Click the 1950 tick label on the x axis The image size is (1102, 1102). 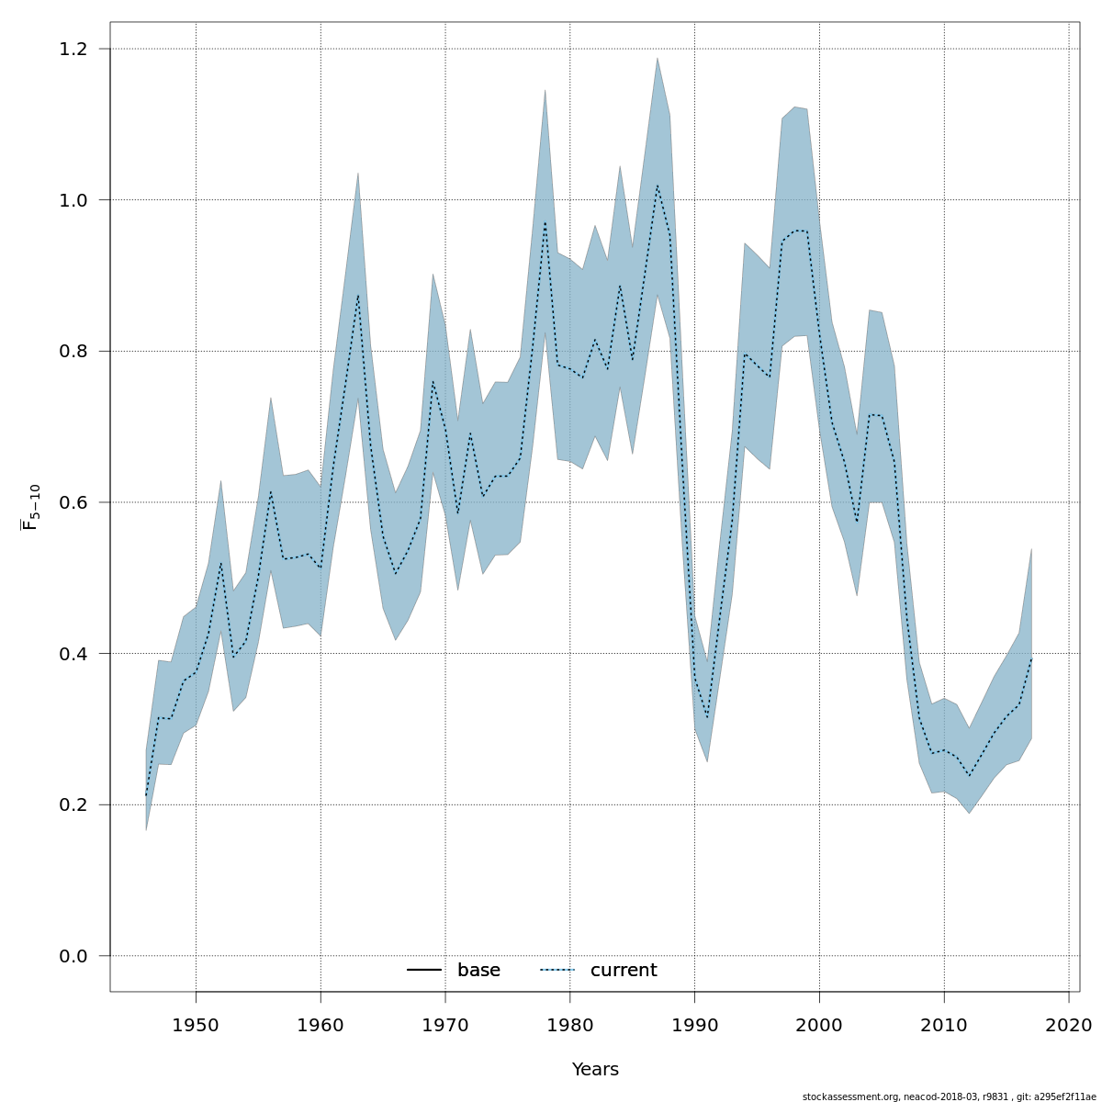[x=196, y=1025]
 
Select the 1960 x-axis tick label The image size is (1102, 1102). [x=320, y=1025]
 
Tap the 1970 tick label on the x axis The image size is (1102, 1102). [x=445, y=1025]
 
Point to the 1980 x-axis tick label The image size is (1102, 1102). [x=570, y=1025]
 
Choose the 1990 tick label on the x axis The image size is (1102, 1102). [x=694, y=1025]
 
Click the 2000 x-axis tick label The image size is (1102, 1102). [x=819, y=1025]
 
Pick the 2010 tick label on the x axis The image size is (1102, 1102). [x=944, y=1025]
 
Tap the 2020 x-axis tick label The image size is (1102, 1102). [x=1069, y=1025]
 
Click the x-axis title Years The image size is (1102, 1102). [x=595, y=1070]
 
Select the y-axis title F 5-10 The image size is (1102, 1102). [x=31, y=507]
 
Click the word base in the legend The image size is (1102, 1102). [x=478, y=971]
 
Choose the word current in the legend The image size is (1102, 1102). [x=624, y=971]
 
